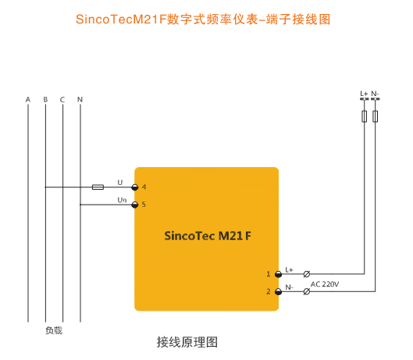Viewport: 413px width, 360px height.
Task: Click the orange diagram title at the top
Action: (203, 20)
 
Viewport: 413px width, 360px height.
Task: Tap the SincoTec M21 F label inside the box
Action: (208, 236)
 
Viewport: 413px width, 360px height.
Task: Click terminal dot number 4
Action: (135, 187)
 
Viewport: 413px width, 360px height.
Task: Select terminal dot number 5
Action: (135, 205)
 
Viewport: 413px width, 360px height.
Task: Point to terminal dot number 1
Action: (278, 274)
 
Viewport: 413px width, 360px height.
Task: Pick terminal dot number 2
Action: (278, 292)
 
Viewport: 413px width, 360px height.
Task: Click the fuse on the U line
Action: (98, 187)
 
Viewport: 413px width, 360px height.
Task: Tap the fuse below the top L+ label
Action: (365, 116)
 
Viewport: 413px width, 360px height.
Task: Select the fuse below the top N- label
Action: (376, 116)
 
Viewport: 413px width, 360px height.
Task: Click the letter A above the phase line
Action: (28, 100)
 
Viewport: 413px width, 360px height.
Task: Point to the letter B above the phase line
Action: (45, 100)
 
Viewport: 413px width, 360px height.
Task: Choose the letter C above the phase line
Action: (62, 100)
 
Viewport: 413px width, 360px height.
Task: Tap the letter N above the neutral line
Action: (80, 100)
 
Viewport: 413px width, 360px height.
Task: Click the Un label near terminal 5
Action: (122, 200)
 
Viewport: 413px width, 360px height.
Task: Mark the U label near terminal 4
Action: (120, 183)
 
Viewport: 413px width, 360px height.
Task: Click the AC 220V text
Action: (325, 284)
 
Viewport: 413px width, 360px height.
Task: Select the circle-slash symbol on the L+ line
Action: (307, 274)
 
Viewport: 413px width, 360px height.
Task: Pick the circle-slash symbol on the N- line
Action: (307, 292)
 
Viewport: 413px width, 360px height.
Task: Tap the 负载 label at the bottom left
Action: (54, 330)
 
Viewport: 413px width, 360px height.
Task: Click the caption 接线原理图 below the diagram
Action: (187, 342)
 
